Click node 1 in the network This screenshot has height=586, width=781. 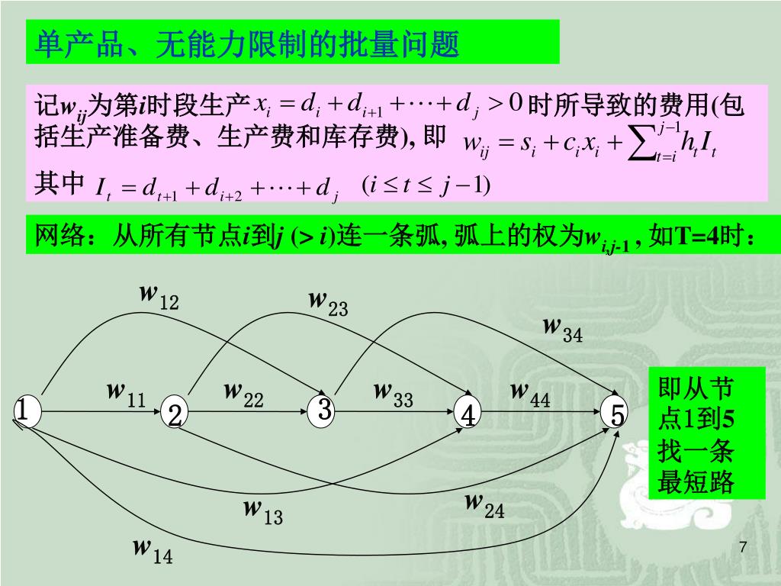(x=24, y=411)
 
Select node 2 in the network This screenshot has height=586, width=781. (x=175, y=415)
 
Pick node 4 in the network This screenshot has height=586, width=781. (x=468, y=415)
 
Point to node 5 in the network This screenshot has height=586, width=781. (x=616, y=414)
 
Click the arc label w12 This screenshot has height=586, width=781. (x=159, y=297)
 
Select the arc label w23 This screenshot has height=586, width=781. (x=328, y=303)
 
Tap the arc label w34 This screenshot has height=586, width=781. (x=563, y=330)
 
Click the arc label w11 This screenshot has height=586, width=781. (x=126, y=395)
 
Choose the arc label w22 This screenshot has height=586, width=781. (x=243, y=395)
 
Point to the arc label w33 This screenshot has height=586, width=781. (x=393, y=395)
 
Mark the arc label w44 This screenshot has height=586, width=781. (x=530, y=395)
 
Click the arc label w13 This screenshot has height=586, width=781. (x=263, y=512)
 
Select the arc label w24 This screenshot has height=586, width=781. (x=485, y=506)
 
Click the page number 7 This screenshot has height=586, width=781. (x=743, y=547)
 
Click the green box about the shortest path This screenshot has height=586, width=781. (x=695, y=436)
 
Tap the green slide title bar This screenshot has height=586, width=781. (x=293, y=44)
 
